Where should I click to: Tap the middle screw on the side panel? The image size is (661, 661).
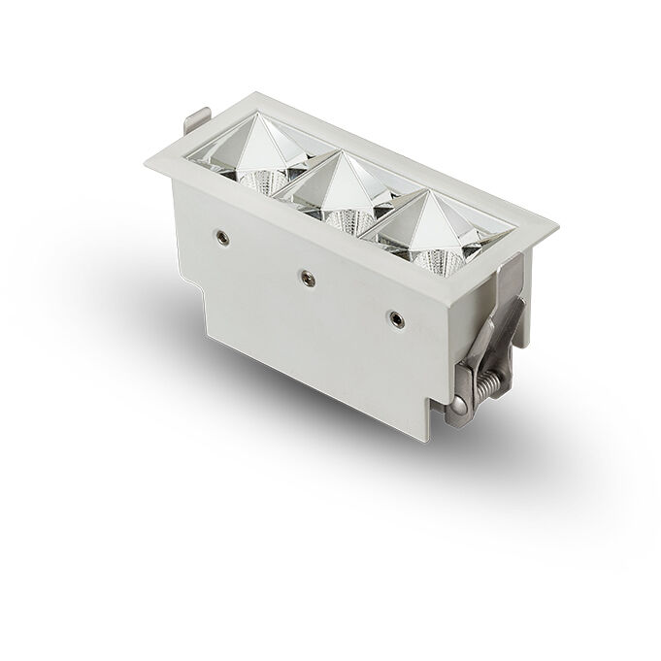pos(308,276)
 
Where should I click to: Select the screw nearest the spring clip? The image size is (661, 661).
pos(395,316)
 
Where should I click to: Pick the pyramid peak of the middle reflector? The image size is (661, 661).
pos(342,163)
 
